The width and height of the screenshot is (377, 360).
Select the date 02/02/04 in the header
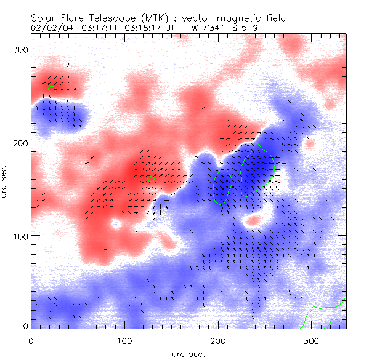(x=49, y=27)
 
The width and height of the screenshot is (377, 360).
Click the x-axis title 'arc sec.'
(x=188, y=354)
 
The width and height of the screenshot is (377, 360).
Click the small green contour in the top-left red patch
(x=51, y=89)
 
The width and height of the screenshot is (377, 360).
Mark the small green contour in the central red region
(x=150, y=179)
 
